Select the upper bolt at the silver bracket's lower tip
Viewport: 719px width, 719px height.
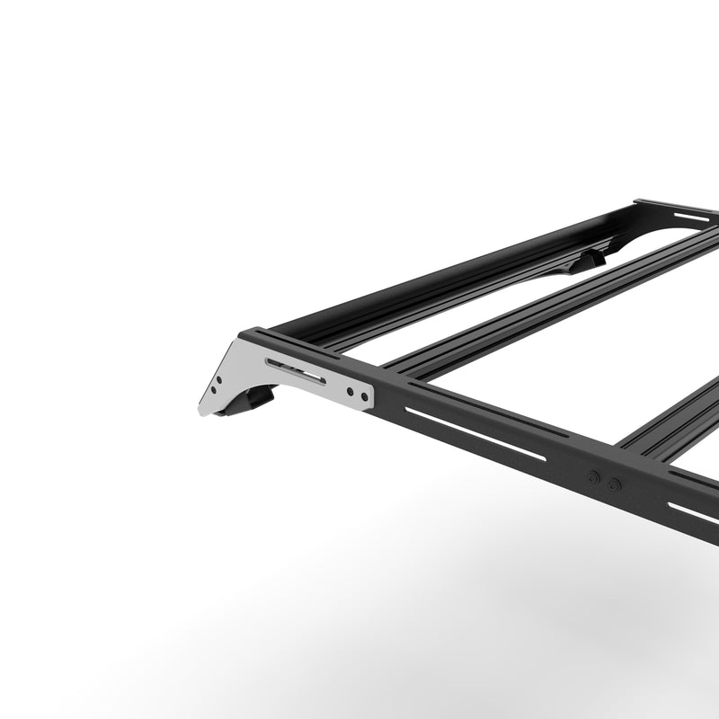[218, 380]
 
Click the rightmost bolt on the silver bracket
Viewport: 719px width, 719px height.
[364, 395]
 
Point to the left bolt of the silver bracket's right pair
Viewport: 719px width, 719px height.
[350, 391]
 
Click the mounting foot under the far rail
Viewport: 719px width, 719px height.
[590, 260]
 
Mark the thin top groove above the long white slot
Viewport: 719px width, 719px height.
[485, 409]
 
